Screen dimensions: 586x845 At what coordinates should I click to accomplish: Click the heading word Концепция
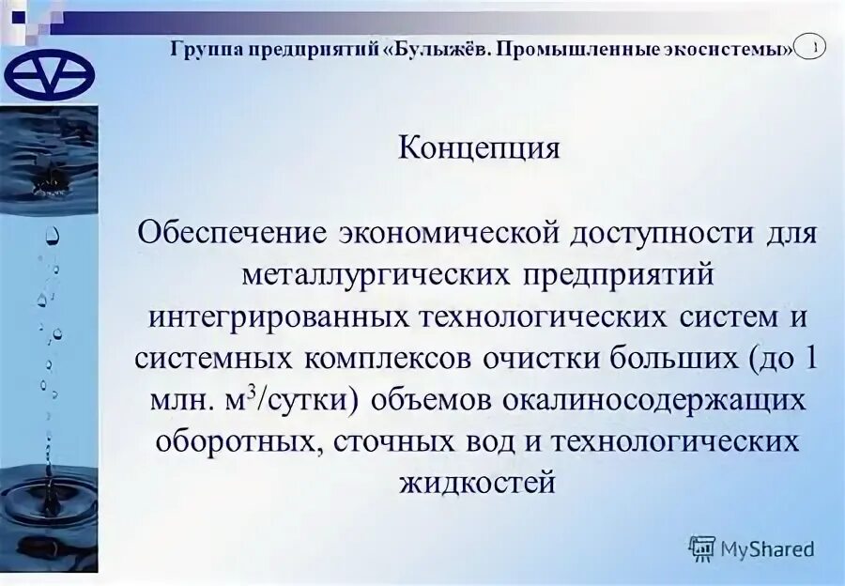(x=480, y=148)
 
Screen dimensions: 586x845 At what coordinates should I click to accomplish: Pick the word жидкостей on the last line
(x=480, y=483)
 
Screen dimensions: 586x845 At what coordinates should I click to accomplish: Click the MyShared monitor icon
(x=702, y=548)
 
